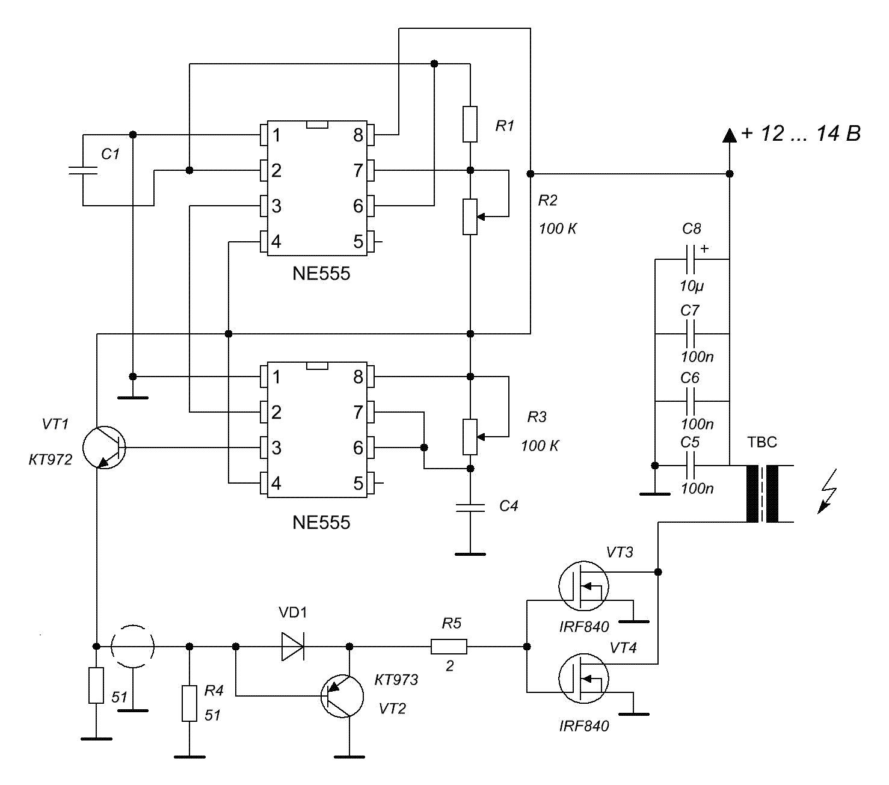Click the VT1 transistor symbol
tap(104, 448)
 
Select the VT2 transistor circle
tap(342, 696)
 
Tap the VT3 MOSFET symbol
tap(583, 585)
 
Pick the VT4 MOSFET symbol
tap(583, 679)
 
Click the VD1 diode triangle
tap(293, 647)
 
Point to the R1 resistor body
tap(470, 125)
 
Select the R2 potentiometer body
tap(470, 217)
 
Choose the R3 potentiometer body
tap(470, 437)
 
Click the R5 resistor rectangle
tap(449, 647)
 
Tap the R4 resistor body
tap(189, 703)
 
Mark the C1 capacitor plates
tap(83, 170)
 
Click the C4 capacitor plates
tap(470, 507)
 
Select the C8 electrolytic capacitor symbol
tap(691, 259)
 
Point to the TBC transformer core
tap(762, 494)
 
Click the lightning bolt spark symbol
tap(827, 492)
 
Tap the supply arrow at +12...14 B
tap(730, 135)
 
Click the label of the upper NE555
tap(321, 274)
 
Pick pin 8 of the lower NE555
tap(370, 377)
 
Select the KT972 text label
tap(51, 460)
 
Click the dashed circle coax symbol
tap(133, 647)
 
